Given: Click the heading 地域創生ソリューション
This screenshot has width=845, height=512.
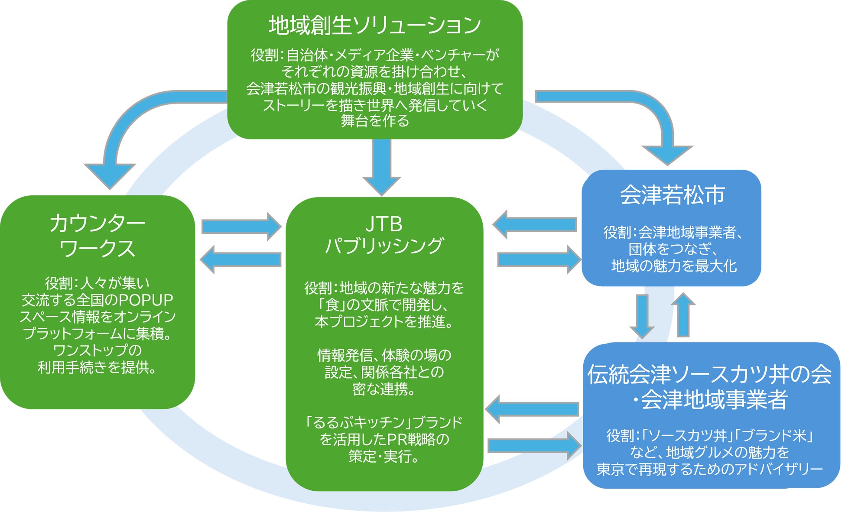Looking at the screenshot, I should tap(374, 25).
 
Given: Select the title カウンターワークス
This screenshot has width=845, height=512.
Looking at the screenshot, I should tap(97, 236).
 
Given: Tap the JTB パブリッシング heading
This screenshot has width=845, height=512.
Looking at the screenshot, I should tap(384, 235).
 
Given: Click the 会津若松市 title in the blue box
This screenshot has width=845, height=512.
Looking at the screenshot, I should tap(672, 195).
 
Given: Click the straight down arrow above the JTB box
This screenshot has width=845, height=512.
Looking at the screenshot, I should tap(381, 167).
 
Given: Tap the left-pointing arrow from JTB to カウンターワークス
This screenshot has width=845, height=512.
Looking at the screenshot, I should tap(240, 259).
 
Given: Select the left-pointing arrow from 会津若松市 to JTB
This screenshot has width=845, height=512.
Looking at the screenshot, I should tap(535, 224).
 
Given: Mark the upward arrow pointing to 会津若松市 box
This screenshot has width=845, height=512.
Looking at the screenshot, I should tap(683, 315).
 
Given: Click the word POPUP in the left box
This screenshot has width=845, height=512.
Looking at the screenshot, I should tap(146, 300).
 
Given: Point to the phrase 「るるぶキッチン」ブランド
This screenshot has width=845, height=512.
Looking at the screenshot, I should tap(384, 422).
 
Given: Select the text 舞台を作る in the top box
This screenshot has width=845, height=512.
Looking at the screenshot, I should tap(375, 121).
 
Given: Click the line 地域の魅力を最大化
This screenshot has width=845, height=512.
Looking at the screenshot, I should tap(673, 266).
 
